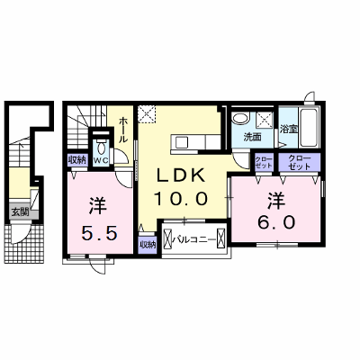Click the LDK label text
(x=181, y=176)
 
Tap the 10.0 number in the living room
(x=181, y=198)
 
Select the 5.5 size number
(x=99, y=233)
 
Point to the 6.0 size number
(x=276, y=222)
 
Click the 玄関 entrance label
(x=20, y=212)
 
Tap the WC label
(x=101, y=161)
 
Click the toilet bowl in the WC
(x=102, y=148)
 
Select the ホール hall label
(x=123, y=130)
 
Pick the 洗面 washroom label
(x=252, y=137)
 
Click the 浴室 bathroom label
(x=289, y=129)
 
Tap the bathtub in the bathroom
(x=310, y=128)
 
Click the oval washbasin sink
(x=241, y=118)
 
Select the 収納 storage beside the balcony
(x=148, y=245)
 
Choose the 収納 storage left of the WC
(x=76, y=160)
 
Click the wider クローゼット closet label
(x=299, y=162)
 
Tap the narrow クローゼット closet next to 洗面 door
(x=264, y=162)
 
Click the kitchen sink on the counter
(x=181, y=141)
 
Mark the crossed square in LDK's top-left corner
(x=147, y=113)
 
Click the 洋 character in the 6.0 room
(x=276, y=201)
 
